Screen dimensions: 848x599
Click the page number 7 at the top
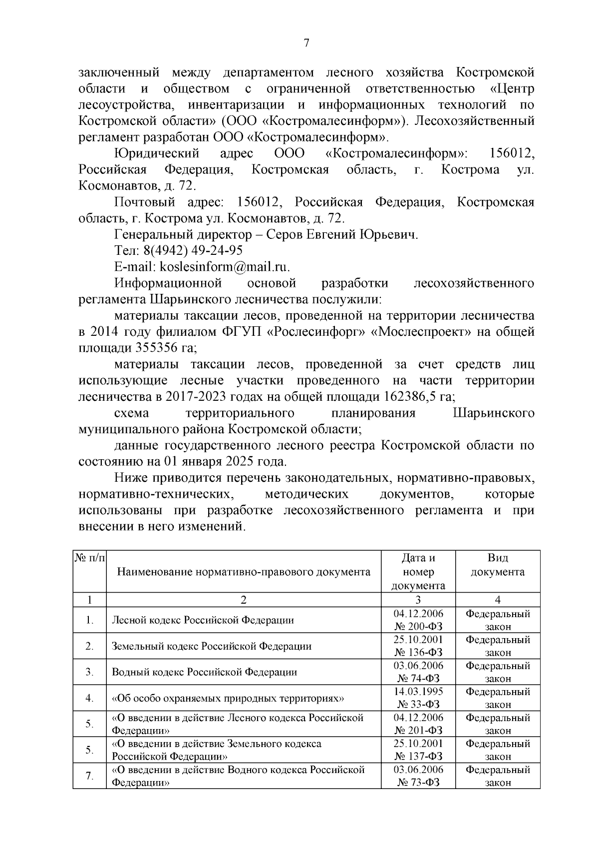[306, 43]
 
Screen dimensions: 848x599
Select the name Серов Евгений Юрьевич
[342, 234]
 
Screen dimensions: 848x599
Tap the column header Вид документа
[497, 565]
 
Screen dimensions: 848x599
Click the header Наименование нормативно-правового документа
[244, 572]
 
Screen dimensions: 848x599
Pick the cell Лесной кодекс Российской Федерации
[203, 620]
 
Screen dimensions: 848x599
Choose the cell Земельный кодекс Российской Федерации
[212, 646]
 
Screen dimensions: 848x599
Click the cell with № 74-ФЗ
[418, 679]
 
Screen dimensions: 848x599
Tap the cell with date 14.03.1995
[418, 692]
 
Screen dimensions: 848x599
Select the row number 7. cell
[90, 776]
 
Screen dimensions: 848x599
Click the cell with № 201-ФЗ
[418, 731]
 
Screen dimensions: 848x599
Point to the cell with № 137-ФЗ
[418, 757]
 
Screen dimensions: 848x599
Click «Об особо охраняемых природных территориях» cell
[228, 698]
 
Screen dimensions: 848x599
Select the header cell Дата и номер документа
[418, 572]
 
